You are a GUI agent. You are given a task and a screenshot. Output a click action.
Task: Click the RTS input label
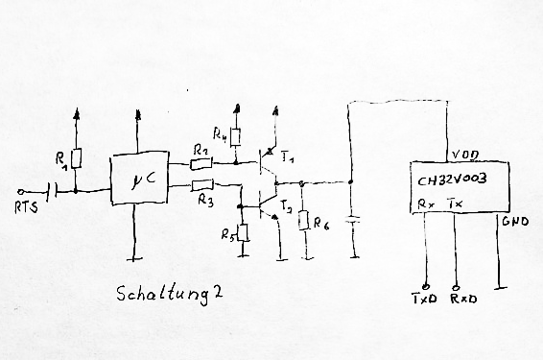click(26, 207)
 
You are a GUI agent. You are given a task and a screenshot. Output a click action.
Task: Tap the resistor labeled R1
click(77, 158)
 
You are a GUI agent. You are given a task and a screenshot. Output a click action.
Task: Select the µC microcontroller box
click(139, 179)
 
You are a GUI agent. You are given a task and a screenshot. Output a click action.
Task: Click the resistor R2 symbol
click(201, 164)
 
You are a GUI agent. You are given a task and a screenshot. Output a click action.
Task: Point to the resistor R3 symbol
click(202, 185)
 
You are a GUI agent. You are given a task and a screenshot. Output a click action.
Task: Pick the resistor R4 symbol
click(237, 137)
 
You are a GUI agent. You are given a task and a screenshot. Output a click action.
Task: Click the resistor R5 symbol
click(244, 233)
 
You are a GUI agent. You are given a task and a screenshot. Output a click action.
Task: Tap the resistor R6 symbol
click(304, 220)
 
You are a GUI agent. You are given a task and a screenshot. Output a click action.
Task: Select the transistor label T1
click(288, 158)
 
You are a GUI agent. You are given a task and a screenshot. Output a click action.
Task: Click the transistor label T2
click(286, 206)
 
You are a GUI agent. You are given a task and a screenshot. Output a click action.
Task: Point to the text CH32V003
click(452, 180)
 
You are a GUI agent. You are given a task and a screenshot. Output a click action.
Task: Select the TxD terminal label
click(425, 299)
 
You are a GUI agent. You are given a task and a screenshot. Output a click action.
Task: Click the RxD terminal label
click(463, 299)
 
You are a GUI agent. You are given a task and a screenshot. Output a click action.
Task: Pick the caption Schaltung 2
click(169, 296)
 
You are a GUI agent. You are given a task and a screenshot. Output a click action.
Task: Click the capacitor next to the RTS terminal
click(53, 191)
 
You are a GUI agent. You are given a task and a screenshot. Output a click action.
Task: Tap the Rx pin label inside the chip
click(426, 204)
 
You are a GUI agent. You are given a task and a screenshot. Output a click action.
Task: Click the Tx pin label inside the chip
click(455, 204)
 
